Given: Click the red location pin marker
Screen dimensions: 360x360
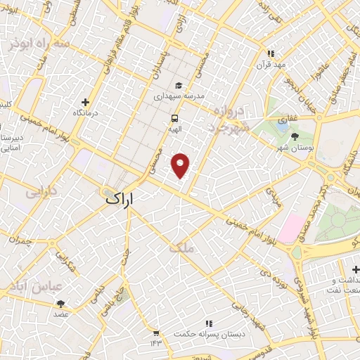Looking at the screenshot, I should pos(181,165).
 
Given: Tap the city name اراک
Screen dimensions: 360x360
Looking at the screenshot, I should pos(119,199).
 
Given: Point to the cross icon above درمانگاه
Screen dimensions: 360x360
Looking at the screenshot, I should pos(86,102).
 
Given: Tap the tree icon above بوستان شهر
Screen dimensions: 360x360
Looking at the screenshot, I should pos(294,136).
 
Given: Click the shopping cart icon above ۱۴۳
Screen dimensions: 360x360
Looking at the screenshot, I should pos(155,333).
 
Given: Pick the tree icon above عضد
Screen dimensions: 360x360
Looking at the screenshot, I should pos(60,304).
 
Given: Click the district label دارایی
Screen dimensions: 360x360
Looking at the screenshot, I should pos(39,191).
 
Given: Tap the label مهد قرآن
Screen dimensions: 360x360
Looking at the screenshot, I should pos(271,64).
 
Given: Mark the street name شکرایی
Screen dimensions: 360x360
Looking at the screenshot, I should pos(67,262).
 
